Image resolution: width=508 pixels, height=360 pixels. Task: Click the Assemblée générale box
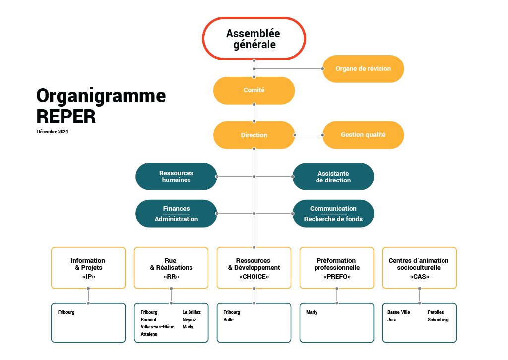pos(254,39)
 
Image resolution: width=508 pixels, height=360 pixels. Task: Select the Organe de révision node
pos(363,68)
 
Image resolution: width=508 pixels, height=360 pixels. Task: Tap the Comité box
pos(254,90)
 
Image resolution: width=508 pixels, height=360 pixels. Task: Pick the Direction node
pos(254,135)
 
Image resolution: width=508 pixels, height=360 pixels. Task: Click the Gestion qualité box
pos(363,135)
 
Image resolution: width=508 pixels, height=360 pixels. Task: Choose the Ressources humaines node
pos(176,177)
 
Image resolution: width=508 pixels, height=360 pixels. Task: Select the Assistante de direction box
pos(333,177)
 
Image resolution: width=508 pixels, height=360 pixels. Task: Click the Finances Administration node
pos(176,214)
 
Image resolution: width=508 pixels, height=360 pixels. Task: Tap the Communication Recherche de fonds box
pos(333,214)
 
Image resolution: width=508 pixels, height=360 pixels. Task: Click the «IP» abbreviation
pos(88,277)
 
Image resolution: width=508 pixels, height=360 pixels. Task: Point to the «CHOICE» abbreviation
pos(254,277)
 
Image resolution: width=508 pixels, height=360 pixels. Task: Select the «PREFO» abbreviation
pos(337,277)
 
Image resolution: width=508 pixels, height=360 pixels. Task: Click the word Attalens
pos(149,334)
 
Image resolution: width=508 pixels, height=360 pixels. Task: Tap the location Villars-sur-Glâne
pos(157,327)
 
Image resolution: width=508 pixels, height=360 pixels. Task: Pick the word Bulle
pos(228,319)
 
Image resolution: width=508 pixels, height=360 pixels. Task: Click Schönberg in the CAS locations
pos(438,320)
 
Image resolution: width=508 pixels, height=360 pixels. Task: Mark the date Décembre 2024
pos(53,132)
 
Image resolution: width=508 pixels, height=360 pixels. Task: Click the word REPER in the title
pos(66,117)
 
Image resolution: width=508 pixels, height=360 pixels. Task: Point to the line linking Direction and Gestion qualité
pos(309,135)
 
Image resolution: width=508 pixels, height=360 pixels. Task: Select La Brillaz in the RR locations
pos(191,312)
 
